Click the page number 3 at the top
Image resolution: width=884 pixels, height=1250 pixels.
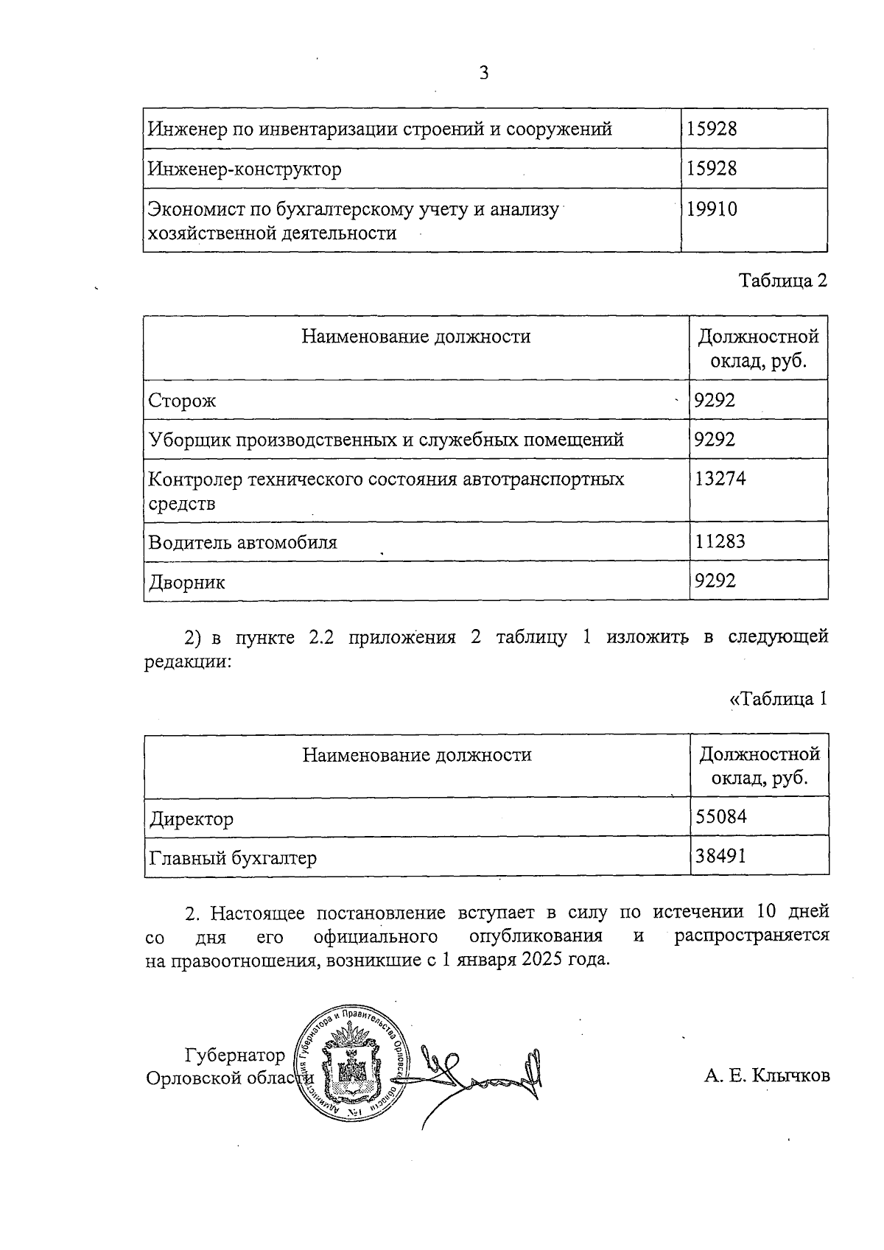[484, 73]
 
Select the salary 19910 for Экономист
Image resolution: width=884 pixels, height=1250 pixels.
[712, 210]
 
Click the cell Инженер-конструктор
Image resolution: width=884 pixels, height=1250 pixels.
[245, 169]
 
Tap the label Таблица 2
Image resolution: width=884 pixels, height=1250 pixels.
[783, 281]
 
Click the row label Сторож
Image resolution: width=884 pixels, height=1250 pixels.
[182, 401]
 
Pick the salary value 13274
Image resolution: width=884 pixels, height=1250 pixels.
[720, 479]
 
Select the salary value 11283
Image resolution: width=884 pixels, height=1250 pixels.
[720, 542]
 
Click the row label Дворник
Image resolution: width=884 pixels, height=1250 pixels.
[187, 583]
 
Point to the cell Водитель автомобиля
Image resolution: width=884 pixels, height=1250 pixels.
[242, 543]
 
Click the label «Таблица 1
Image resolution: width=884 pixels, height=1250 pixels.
[778, 699]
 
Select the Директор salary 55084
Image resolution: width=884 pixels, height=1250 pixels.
[721, 817]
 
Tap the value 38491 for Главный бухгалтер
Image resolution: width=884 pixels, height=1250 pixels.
[721, 857]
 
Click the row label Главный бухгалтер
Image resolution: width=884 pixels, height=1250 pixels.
[233, 858]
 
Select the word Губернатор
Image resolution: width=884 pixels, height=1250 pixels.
[235, 1056]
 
